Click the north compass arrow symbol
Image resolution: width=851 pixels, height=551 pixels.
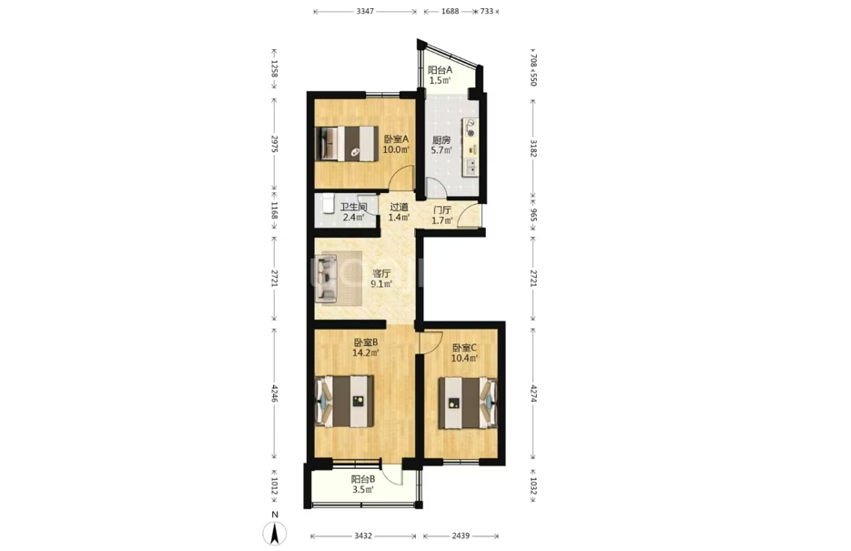[x=275, y=533]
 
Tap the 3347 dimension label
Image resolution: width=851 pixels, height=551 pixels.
[x=365, y=11]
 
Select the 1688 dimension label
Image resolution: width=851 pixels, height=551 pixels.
[x=450, y=11]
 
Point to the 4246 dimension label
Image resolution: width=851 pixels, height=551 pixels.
[x=275, y=394]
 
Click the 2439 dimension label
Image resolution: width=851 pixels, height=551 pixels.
[x=461, y=536]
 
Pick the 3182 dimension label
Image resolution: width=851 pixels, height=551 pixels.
[x=533, y=148]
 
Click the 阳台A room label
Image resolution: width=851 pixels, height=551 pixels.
[x=441, y=70]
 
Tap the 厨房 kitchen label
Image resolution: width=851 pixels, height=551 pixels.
[x=441, y=139]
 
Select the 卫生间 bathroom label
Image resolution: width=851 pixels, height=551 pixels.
[x=353, y=208]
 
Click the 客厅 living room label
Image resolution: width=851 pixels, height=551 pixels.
[x=381, y=273]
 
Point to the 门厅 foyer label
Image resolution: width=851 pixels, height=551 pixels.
[x=442, y=210]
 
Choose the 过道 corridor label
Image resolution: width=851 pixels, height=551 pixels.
[x=399, y=208]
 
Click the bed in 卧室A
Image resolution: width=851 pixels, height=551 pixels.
[x=347, y=144]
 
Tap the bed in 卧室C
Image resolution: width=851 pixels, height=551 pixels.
[x=468, y=403]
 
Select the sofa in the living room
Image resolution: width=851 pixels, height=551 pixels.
[x=328, y=279]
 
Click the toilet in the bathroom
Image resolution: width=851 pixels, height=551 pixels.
[x=328, y=204]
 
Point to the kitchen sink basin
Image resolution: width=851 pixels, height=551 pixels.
[x=471, y=168]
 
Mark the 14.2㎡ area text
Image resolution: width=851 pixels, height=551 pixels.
[x=365, y=352]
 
